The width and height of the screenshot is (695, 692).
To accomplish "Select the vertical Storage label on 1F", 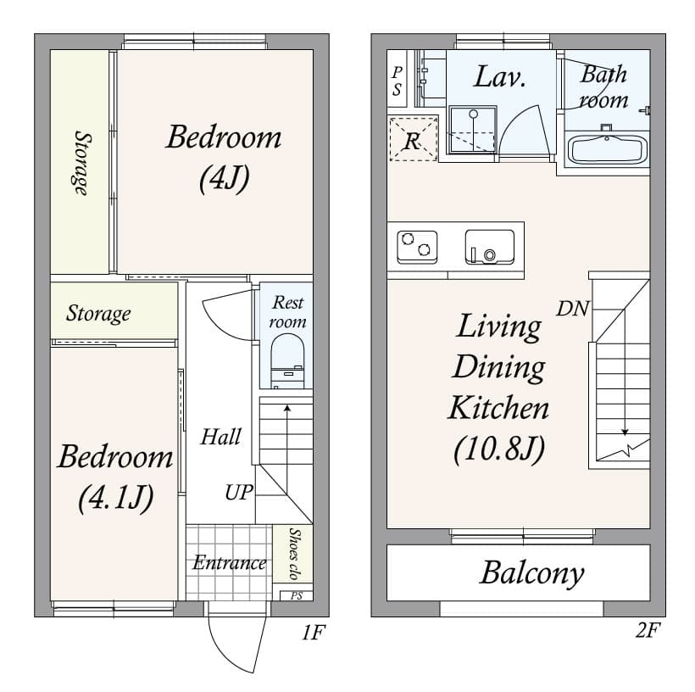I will coord(81,163).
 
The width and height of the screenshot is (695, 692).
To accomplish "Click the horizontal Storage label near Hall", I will coord(99,314).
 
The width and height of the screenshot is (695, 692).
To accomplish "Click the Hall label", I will coord(220,438).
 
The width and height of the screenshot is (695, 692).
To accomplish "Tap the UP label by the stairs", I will coord(239,492).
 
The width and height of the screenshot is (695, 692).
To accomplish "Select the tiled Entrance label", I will coord(229,562).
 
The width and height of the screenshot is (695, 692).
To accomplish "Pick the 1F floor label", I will coord(313,632).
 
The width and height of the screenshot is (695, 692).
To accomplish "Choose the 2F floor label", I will coord(646,632).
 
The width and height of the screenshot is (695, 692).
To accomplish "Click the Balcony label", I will coord(531,573).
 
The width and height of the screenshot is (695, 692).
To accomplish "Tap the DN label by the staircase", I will coord(573,309).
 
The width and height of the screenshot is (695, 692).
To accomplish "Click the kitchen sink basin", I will coord(489,247).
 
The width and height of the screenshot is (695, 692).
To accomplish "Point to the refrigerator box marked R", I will coord(413,140).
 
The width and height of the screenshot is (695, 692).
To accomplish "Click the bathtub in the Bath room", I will coord(607,149).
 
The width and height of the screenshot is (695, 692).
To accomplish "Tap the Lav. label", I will coord(499,78).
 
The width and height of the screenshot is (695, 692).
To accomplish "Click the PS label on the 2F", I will coord(397,81).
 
